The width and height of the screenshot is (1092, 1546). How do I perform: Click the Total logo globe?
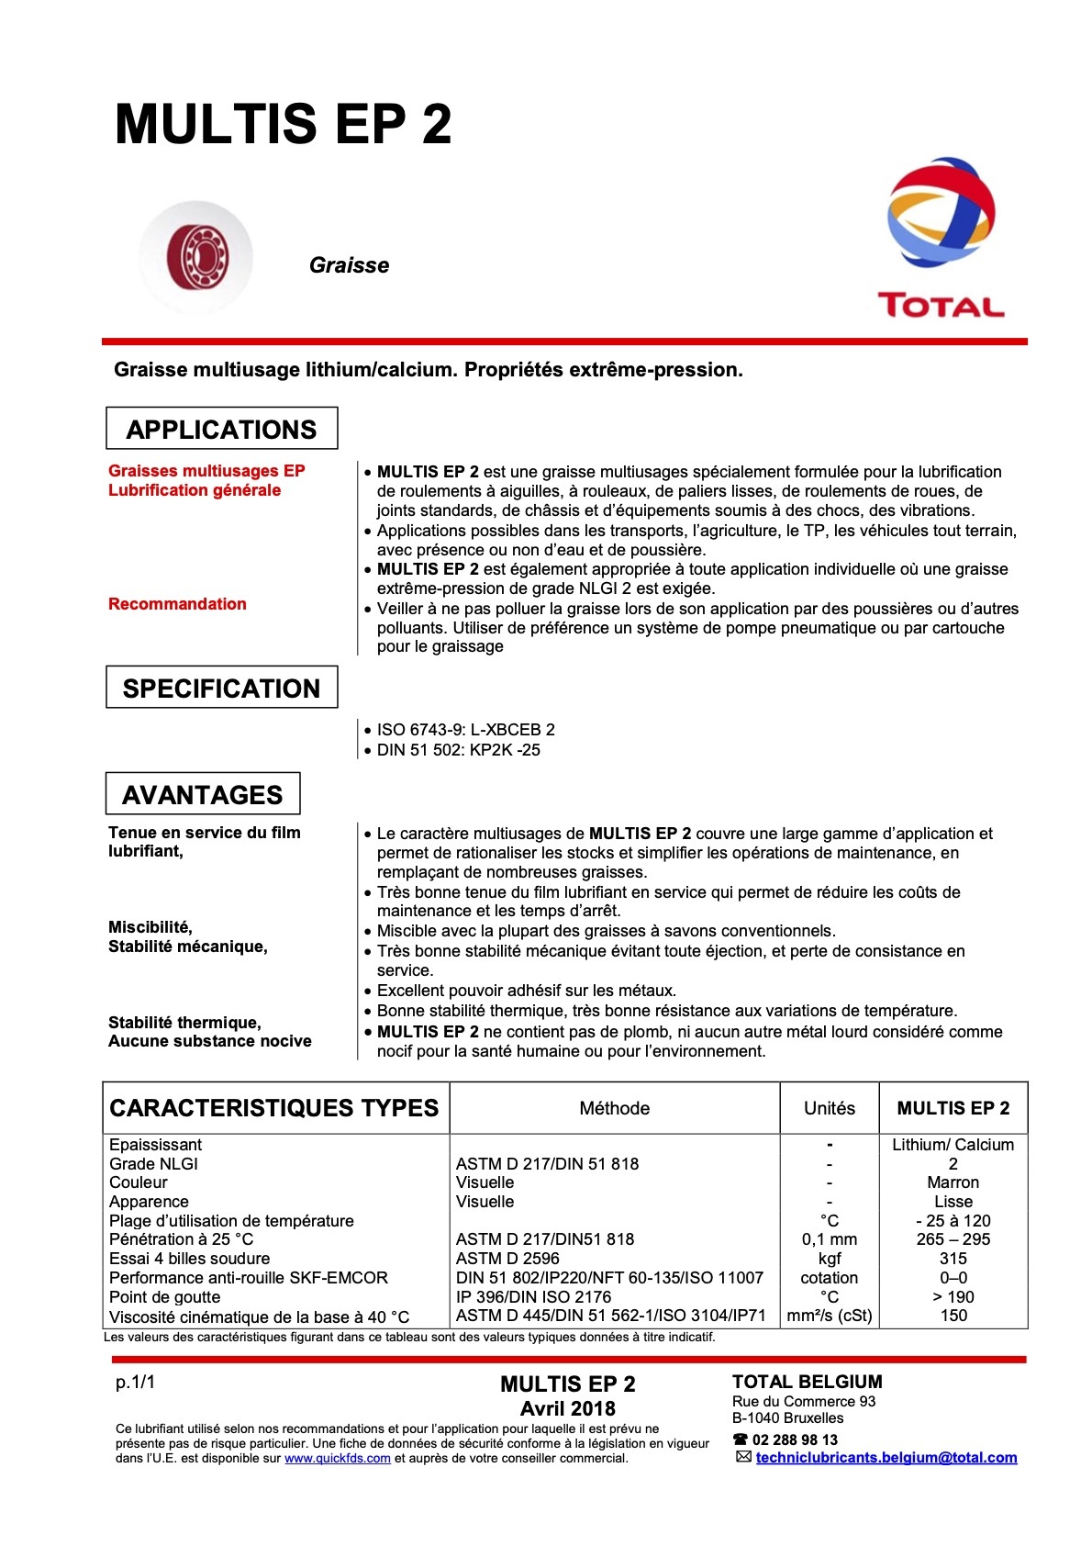(x=941, y=211)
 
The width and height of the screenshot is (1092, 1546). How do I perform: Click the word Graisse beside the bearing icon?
(x=349, y=265)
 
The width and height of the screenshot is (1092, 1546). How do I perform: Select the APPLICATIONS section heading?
(x=221, y=429)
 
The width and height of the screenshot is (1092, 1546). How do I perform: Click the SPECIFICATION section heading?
(x=221, y=688)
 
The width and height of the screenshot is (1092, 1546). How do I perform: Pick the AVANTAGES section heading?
(x=202, y=794)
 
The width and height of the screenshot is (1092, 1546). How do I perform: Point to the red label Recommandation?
(x=177, y=604)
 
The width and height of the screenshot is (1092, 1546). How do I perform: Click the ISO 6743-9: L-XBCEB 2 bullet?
(x=465, y=730)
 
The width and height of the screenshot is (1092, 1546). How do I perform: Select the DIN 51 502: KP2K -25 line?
(x=458, y=750)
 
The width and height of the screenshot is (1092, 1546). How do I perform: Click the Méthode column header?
(x=614, y=1108)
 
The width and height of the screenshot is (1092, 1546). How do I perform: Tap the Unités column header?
(x=829, y=1108)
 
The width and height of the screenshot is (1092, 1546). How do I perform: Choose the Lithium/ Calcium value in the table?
(x=953, y=1145)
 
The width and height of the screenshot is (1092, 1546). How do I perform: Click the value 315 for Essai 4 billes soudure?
(x=953, y=1259)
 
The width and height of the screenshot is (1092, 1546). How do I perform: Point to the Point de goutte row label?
(x=165, y=1297)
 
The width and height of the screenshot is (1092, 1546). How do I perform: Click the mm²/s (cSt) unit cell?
(x=829, y=1316)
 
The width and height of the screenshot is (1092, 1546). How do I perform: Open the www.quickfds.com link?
(x=337, y=1458)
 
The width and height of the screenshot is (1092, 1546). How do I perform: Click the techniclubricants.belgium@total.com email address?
(x=886, y=1457)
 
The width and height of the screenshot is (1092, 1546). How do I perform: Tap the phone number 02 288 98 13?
(x=795, y=1440)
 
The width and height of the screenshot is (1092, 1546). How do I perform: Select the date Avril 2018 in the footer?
(x=567, y=1408)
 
